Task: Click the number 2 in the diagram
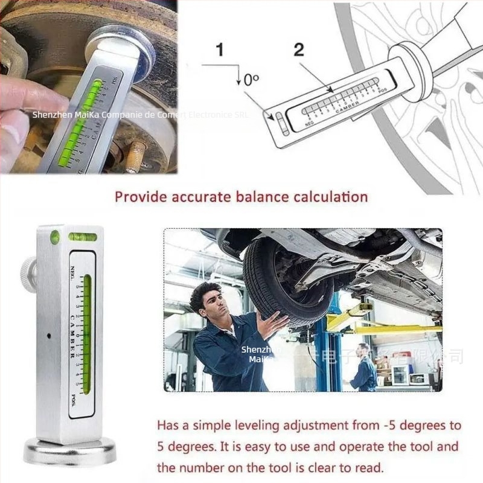299,50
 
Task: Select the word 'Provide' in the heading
139,196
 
